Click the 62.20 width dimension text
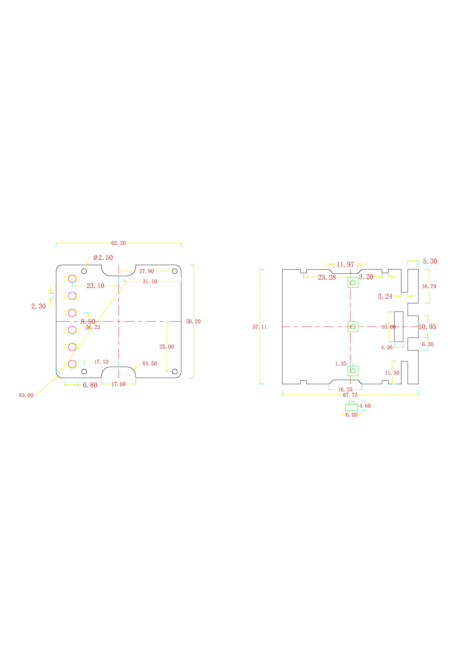tap(119, 243)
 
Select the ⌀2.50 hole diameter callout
tap(103, 257)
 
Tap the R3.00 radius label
tap(26, 395)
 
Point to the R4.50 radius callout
tap(149, 364)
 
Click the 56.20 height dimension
tap(193, 321)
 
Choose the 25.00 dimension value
tap(167, 347)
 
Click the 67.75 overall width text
tap(350, 395)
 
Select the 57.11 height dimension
tap(260, 327)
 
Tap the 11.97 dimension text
tap(345, 264)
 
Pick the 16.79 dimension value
tap(429, 286)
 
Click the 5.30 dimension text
tap(430, 261)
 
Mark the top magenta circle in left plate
tap(72, 278)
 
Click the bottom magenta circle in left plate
tap(72, 364)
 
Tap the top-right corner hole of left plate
tap(174, 271)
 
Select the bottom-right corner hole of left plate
tap(174, 372)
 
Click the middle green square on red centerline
tap(353, 327)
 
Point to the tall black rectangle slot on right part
tap(399, 327)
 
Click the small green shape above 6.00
tap(352, 406)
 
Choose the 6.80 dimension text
tap(90, 385)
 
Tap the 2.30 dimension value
tap(39, 306)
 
